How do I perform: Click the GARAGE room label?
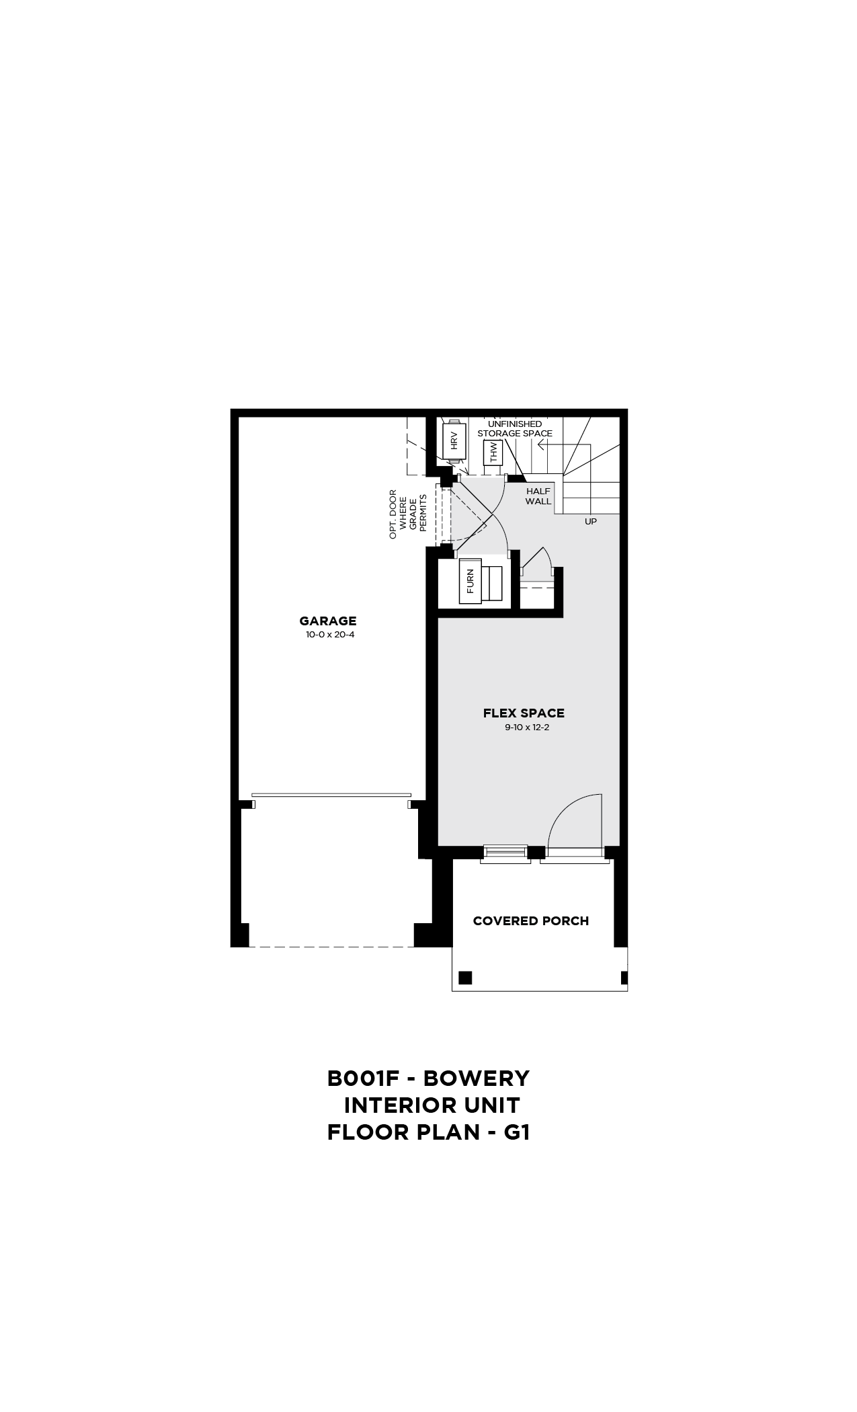(328, 621)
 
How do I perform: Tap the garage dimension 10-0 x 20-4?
(329, 634)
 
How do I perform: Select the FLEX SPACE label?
(524, 713)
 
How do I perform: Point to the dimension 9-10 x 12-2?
(527, 727)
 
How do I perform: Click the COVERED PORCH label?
(531, 921)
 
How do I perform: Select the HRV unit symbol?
(454, 441)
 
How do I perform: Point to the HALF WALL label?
(538, 496)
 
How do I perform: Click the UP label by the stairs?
(591, 521)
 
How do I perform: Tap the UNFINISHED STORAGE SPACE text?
(515, 429)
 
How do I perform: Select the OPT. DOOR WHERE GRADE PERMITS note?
(408, 514)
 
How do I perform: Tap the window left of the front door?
(505, 853)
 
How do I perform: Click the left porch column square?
(465, 977)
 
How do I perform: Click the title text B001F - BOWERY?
(428, 1078)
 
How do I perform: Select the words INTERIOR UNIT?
(432, 1105)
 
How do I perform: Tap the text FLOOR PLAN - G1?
(429, 1132)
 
